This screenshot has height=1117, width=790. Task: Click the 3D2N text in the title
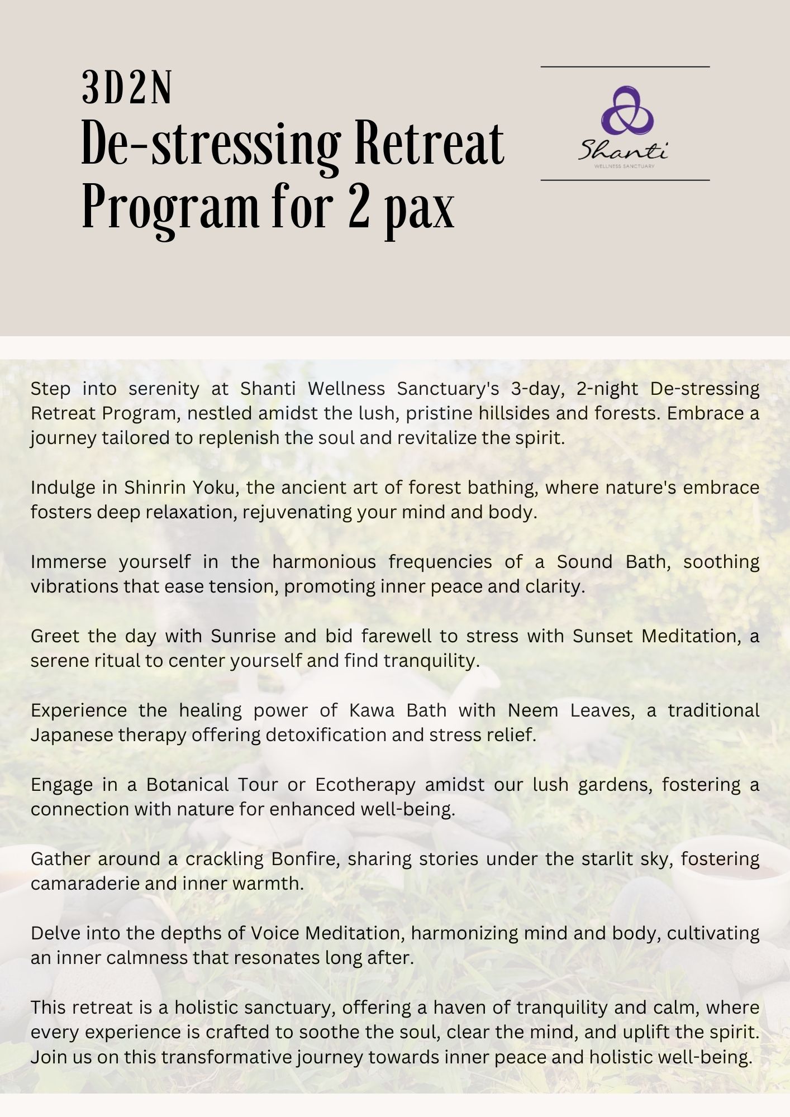pyautogui.click(x=126, y=88)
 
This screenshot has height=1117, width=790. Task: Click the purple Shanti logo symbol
pyautogui.click(x=626, y=111)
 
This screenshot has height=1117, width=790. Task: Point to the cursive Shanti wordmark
pyautogui.click(x=622, y=150)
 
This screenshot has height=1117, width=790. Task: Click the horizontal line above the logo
pyautogui.click(x=625, y=67)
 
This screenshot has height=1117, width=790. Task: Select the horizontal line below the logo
pyautogui.click(x=625, y=180)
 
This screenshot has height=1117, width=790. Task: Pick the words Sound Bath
pyautogui.click(x=613, y=561)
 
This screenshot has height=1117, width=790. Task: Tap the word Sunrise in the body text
pyautogui.click(x=243, y=636)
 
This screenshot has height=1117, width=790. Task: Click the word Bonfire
pyautogui.click(x=306, y=858)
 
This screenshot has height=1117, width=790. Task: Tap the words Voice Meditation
pyautogui.click(x=326, y=933)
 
